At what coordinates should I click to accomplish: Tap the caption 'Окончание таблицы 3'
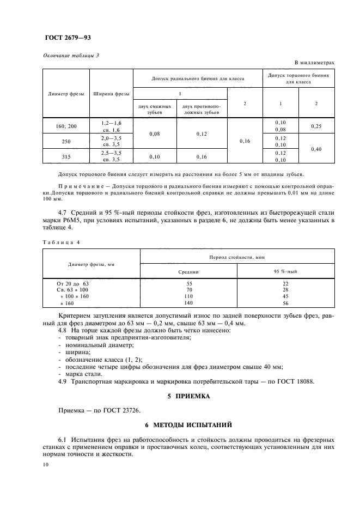tap(70, 56)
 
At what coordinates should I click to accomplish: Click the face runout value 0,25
tap(316, 126)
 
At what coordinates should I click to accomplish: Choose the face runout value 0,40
tap(316, 148)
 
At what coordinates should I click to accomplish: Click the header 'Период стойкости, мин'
tap(237, 256)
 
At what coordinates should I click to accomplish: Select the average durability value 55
tap(189, 284)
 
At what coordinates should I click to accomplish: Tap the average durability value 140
tap(189, 302)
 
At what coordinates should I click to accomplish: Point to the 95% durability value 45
tap(285, 296)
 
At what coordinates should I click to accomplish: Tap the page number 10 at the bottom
tap(46, 464)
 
